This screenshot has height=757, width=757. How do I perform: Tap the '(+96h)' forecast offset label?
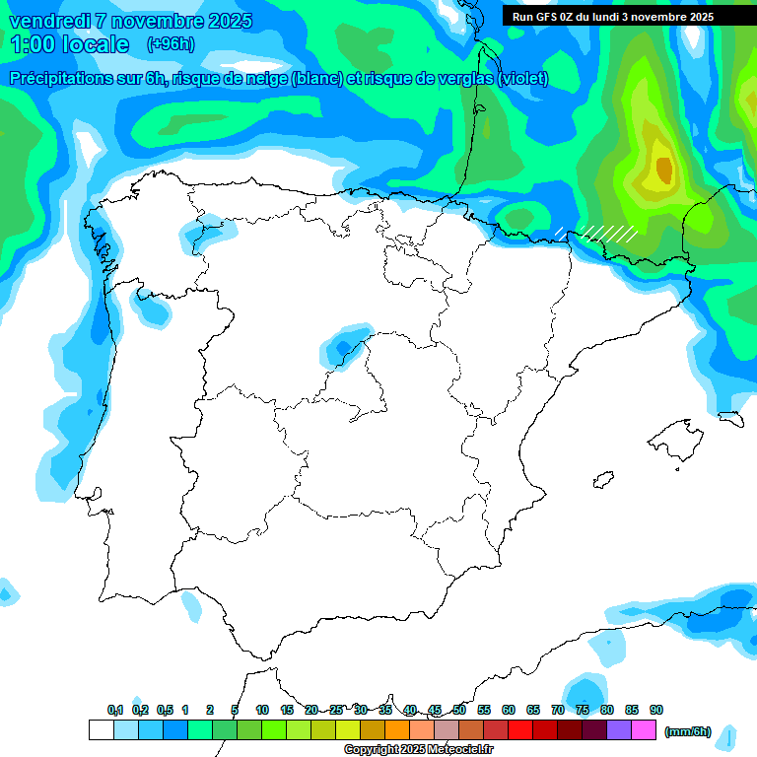point(171,44)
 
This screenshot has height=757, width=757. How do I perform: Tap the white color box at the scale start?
point(101,730)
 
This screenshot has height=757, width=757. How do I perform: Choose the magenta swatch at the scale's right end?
point(644,730)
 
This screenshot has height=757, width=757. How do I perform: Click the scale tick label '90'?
point(656,710)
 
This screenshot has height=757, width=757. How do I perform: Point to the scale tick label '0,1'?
point(115,710)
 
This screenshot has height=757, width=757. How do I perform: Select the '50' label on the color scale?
point(459,710)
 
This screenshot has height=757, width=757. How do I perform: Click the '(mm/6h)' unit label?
point(688,731)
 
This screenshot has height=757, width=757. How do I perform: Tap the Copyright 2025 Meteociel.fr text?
point(419,750)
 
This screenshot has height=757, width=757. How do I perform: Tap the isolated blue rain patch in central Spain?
point(343,347)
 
